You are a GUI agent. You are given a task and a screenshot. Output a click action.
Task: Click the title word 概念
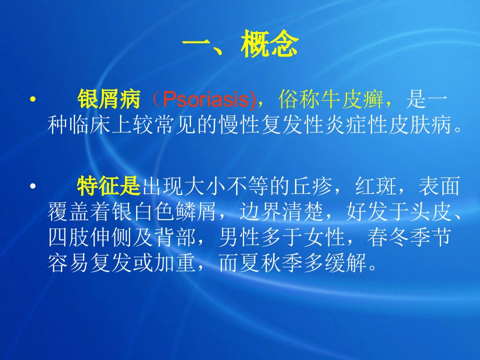click(x=269, y=44)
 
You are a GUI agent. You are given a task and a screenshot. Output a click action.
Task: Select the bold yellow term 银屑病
click(x=108, y=99)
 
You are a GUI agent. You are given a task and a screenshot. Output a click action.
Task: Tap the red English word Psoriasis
click(x=205, y=99)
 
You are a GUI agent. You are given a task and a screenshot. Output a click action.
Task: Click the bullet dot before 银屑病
click(x=33, y=99)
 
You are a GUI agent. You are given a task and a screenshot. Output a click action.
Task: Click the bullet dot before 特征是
click(x=33, y=186)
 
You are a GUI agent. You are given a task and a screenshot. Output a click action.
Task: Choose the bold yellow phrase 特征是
click(x=108, y=186)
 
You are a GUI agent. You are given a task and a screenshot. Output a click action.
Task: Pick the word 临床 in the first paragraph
click(x=80, y=124)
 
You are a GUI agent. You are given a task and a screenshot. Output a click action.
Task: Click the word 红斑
click(x=376, y=186)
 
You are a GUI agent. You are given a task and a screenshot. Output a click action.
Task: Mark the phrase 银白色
click(x=143, y=212)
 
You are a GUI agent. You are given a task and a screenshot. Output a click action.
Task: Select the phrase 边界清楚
click(x=281, y=212)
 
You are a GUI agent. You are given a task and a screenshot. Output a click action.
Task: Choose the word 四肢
click(x=69, y=237)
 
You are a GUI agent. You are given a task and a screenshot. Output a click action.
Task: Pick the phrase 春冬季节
click(x=409, y=237)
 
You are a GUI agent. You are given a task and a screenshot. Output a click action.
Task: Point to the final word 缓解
click(x=345, y=263)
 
